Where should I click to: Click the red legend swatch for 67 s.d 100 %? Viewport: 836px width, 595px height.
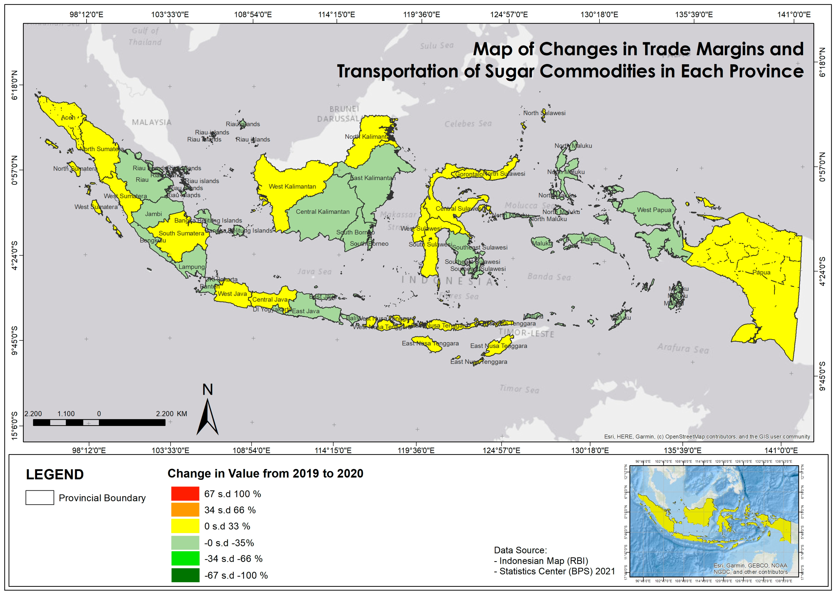click(185, 494)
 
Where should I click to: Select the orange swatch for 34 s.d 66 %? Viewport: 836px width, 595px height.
click(185, 510)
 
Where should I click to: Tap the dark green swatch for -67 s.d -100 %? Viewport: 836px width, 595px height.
click(185, 575)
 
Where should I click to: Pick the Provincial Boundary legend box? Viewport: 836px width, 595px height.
click(40, 498)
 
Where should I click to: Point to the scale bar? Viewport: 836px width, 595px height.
click(99, 422)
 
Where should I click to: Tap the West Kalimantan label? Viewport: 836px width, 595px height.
click(292, 186)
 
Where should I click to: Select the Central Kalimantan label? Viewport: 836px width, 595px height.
click(323, 212)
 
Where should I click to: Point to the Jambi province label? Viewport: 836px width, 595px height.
click(153, 214)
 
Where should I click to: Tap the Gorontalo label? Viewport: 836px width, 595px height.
click(469, 174)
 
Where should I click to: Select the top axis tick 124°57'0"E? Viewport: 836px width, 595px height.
click(509, 15)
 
